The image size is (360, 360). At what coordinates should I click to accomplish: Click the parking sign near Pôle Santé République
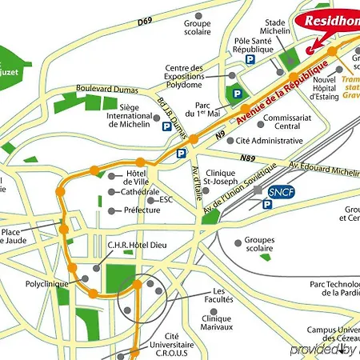pos(250,60)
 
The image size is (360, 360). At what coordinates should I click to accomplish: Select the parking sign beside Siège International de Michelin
pos(166,126)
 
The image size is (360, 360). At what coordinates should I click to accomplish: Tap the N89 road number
pos(248,158)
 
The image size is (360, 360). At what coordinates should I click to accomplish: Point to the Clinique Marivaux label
pos(212,322)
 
